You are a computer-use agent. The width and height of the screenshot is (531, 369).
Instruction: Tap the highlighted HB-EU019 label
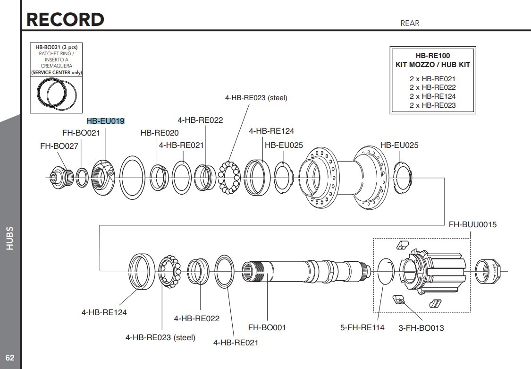pos(105,121)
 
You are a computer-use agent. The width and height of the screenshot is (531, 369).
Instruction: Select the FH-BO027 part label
pos(59,146)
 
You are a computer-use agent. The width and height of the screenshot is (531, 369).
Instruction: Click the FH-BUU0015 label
pos(472,224)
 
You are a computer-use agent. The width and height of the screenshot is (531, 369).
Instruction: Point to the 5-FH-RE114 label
pos(362,327)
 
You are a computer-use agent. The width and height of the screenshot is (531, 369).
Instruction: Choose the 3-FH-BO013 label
pos(421,328)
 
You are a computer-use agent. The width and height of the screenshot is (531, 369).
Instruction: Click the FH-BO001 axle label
pos(267,327)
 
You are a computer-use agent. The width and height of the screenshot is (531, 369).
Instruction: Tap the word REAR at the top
pos(410,23)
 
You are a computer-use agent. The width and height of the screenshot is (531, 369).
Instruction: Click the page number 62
pos(10,358)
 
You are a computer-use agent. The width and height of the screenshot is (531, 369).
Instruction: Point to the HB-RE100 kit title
pos(432,56)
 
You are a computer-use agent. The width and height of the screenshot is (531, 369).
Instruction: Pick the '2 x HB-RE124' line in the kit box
pos(432,96)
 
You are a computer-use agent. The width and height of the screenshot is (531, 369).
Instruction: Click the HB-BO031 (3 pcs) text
pos(56,47)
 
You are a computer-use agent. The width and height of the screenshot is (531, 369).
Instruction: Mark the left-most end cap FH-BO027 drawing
pos(61,177)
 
